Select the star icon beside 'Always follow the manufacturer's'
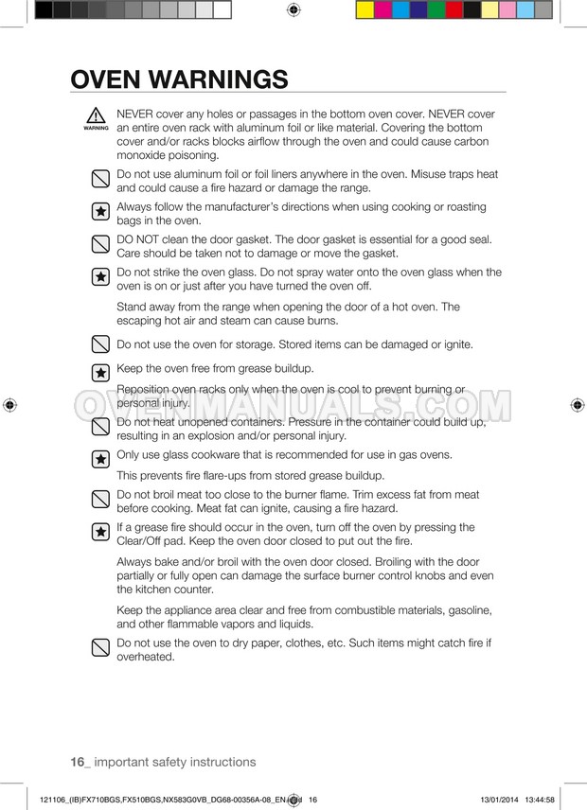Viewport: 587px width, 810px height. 99,212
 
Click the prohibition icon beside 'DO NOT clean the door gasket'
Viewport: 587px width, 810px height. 99,245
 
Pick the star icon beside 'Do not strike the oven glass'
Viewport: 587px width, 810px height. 99,277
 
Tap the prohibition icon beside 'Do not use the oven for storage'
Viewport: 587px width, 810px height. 99,343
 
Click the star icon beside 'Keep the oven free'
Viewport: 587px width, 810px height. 99,373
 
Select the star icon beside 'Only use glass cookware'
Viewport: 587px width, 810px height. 99,459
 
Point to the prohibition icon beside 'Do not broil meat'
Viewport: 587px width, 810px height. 99,499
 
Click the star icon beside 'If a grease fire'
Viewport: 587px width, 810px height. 99,532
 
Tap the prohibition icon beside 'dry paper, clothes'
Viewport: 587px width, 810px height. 99,648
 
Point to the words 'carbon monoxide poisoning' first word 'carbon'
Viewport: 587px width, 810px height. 469,141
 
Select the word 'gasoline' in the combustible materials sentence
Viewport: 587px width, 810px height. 467,610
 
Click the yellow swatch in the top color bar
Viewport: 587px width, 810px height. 365,10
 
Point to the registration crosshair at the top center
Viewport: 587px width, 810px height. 293,10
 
